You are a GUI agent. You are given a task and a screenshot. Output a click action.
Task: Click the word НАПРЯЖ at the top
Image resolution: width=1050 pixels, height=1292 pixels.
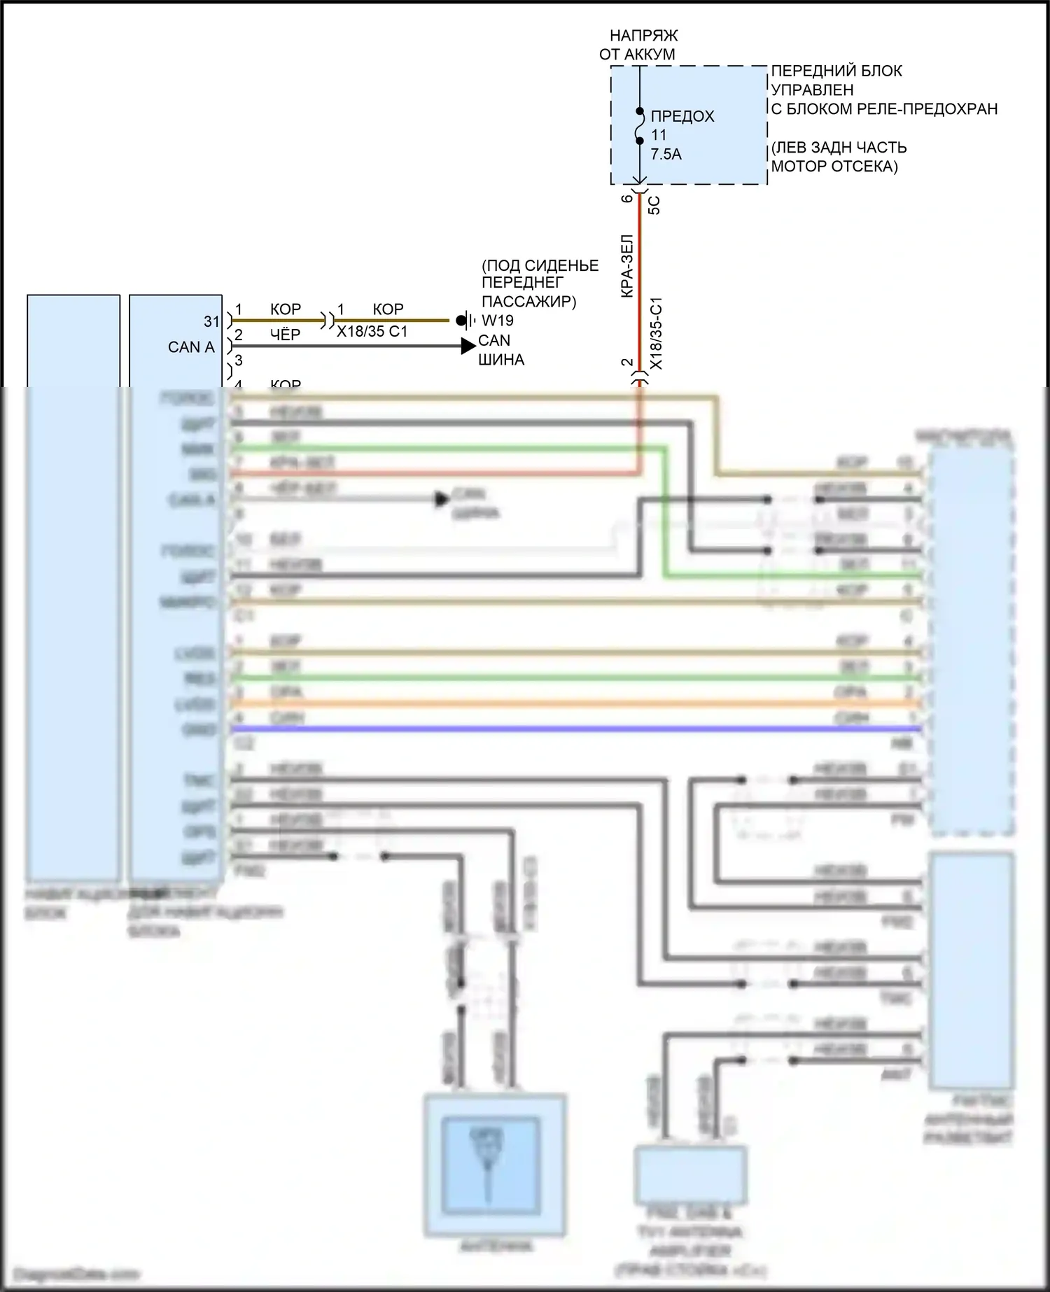(643, 35)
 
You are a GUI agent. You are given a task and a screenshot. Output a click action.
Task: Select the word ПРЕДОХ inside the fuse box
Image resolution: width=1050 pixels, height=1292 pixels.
(682, 116)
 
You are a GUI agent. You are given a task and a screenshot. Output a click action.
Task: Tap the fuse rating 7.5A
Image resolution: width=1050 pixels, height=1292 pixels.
(666, 154)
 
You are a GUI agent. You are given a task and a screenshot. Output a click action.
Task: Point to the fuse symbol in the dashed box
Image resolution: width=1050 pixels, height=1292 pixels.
(639, 126)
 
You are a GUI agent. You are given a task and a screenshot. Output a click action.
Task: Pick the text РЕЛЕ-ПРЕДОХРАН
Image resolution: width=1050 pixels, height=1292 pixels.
(927, 109)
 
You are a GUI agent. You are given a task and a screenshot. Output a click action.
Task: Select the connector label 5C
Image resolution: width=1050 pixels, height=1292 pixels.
(654, 205)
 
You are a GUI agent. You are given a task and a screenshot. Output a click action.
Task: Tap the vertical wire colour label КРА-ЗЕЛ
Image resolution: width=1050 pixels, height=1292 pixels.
(627, 266)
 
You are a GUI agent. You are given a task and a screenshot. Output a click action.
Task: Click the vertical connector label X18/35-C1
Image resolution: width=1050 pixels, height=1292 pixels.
(657, 334)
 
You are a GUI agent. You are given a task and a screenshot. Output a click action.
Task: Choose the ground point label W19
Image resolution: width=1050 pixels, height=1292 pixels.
(498, 321)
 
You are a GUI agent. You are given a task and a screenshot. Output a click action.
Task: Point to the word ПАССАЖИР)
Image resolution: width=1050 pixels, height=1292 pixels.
(528, 302)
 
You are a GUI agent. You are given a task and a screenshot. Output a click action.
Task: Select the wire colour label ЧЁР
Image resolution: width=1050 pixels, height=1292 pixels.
(285, 335)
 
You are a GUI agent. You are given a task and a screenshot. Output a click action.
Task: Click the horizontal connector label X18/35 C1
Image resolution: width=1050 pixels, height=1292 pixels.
(372, 331)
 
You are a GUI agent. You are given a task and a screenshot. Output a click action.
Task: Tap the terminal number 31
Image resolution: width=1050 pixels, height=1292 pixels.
(211, 321)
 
